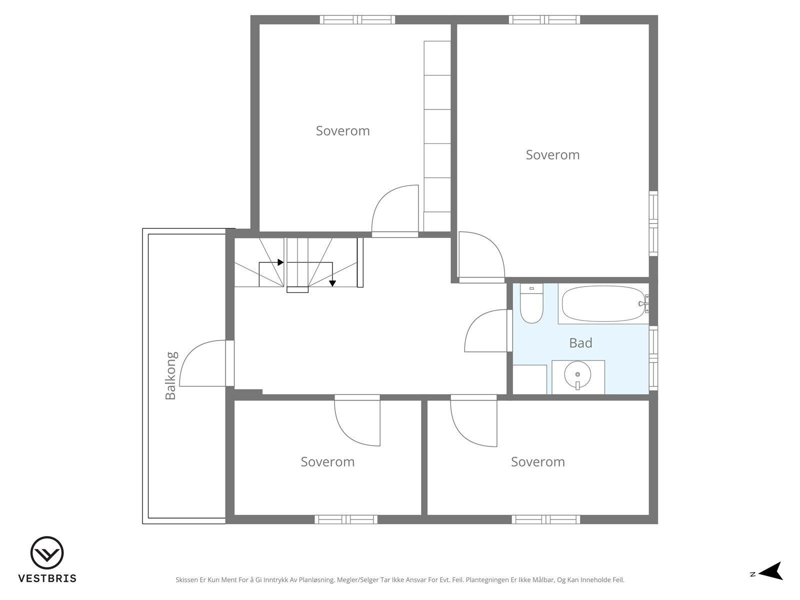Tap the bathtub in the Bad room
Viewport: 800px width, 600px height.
coord(603,303)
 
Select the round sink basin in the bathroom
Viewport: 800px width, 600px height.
coord(577,374)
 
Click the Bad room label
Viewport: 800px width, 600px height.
coord(580,343)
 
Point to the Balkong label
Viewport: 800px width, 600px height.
coord(170,375)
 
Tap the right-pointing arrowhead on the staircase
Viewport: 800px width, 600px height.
coord(280,262)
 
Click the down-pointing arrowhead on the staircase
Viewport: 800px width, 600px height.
coord(332,283)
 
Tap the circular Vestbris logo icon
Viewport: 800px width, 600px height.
coord(47,552)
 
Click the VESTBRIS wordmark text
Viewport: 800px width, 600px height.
coord(47,578)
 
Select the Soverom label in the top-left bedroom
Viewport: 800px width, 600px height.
coord(342,131)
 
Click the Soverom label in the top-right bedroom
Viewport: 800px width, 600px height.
coord(552,155)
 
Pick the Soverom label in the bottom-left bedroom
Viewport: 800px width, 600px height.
coord(327,462)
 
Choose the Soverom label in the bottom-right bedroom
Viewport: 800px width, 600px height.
coord(538,462)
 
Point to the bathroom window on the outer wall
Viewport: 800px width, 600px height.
coord(653,358)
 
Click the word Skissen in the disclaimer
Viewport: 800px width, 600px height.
coord(187,580)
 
